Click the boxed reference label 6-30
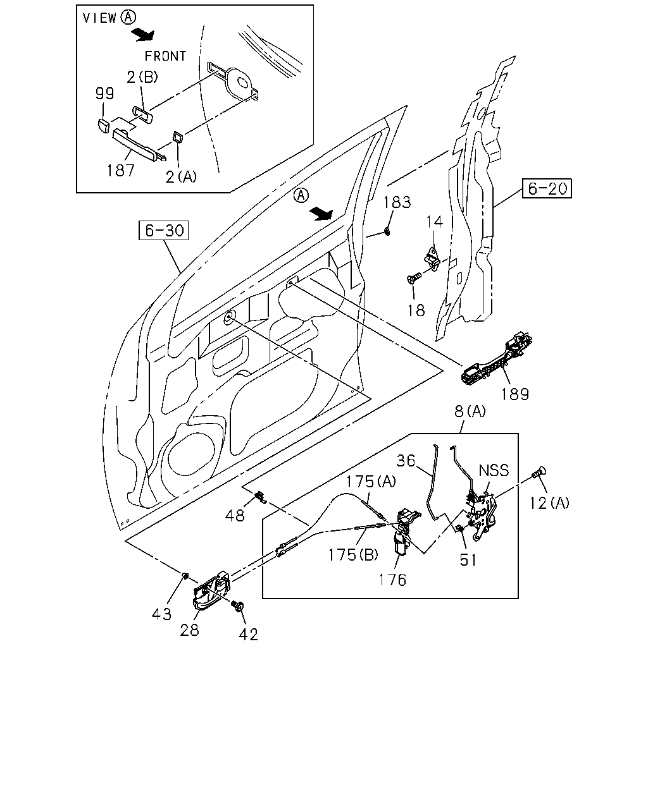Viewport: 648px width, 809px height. (163, 231)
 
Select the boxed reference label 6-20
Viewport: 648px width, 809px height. (547, 188)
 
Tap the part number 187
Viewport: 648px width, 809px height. (120, 171)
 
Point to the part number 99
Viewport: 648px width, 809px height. (104, 94)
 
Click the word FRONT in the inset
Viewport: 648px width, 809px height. (165, 56)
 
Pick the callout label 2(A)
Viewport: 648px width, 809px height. (181, 177)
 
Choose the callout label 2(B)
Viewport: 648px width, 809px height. (142, 77)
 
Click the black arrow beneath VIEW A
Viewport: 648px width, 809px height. (143, 35)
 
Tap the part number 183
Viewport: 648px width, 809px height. (397, 202)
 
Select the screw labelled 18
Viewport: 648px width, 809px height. (414, 278)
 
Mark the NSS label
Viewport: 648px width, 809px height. (494, 470)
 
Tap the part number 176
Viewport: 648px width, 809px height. (392, 580)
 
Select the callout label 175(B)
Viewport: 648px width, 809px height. (353, 555)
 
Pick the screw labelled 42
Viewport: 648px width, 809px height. (238, 606)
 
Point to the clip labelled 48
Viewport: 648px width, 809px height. (261, 497)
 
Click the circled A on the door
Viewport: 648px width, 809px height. (301, 195)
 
